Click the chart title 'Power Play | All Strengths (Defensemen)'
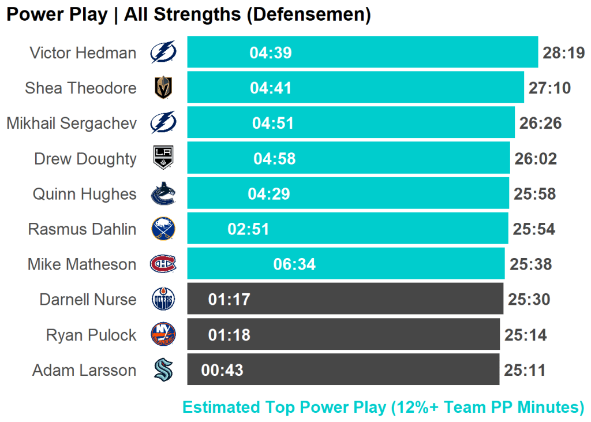coord(188,14)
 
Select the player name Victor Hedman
coord(83,53)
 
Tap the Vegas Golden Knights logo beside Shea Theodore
coord(163,88)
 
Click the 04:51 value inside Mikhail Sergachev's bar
coord(273,124)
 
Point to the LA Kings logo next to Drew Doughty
coord(163,158)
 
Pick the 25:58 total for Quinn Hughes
coord(535,194)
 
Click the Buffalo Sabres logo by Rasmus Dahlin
coord(163,229)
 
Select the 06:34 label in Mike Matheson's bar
coord(294,264)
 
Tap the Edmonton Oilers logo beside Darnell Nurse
coord(163,300)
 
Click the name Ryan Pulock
coord(91,335)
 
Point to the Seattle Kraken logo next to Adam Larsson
coord(163,370)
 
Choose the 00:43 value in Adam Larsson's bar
coord(222,370)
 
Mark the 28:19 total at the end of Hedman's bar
coord(564,53)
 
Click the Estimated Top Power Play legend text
coord(383,408)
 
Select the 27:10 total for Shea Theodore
coord(549,88)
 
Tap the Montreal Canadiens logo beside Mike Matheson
coord(163,264)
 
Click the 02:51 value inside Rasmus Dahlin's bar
coord(249,229)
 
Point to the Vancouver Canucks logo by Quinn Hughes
coord(163,194)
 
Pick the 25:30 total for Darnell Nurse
coord(529,300)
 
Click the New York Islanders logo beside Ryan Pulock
coord(163,335)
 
